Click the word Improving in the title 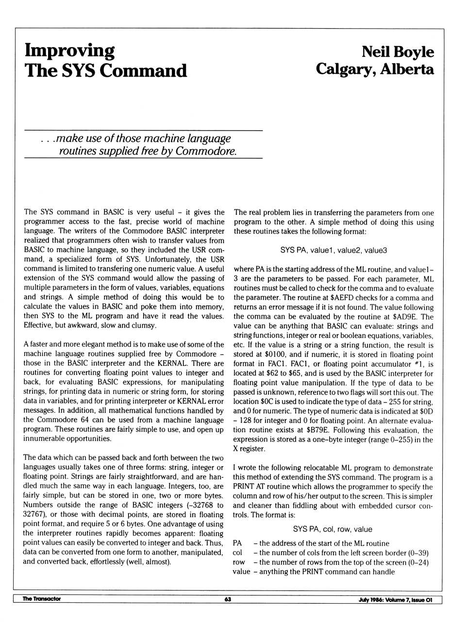(x=69, y=51)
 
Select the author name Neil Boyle (x=398, y=52)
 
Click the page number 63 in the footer (x=228, y=599)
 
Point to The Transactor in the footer (x=42, y=599)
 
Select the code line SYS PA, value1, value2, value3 (x=333, y=251)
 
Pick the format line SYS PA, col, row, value (x=333, y=529)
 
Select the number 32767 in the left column (x=34, y=515)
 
